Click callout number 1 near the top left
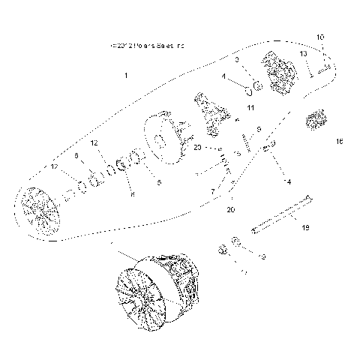click(127, 76)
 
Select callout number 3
click(236, 59)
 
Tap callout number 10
click(320, 37)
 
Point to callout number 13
click(303, 54)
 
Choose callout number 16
click(339, 141)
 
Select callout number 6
click(76, 155)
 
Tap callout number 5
click(158, 181)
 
